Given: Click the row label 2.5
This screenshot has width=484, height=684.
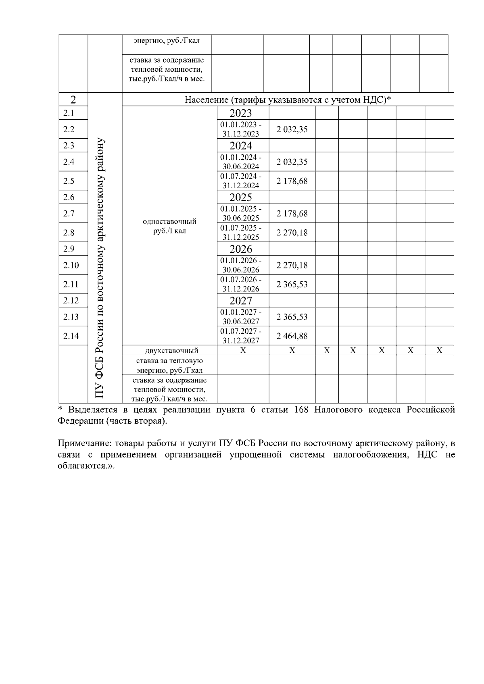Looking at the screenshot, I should (69, 181).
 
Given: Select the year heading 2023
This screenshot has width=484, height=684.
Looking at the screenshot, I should (241, 113).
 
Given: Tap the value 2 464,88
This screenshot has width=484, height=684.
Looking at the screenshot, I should (292, 336).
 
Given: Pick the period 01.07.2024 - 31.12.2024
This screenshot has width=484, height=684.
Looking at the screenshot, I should (241, 181).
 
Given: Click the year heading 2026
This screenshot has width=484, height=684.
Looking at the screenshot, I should (241, 249).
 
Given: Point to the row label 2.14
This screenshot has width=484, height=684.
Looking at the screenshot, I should (71, 336).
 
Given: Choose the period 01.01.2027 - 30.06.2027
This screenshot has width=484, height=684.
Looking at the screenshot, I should (241, 317).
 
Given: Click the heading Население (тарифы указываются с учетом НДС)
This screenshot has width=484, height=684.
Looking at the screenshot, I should (288, 100).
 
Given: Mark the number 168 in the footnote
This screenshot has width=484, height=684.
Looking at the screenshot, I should (301, 410).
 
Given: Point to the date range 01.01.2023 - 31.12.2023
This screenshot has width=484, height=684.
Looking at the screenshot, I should (241, 129).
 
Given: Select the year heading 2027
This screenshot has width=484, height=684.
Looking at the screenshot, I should (241, 301).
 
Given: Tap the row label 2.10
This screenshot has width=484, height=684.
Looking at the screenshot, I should (71, 265).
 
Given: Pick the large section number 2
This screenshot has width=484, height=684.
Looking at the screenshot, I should (73, 100).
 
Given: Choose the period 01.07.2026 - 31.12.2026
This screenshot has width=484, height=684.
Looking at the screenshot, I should (241, 284).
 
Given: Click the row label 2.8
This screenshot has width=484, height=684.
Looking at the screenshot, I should (69, 233).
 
